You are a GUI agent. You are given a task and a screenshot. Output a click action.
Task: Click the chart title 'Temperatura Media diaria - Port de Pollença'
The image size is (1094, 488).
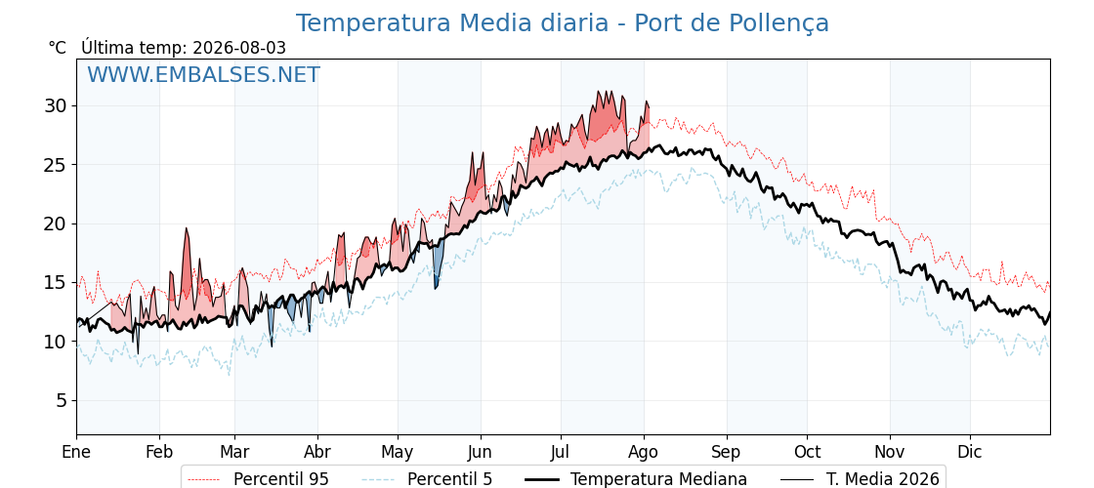[563, 23]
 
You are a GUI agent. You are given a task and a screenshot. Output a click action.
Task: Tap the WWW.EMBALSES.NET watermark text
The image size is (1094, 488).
[203, 74]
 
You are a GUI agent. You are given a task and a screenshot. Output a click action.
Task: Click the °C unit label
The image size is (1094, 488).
[58, 48]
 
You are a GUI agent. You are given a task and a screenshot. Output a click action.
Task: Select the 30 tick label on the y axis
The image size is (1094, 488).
[54, 106]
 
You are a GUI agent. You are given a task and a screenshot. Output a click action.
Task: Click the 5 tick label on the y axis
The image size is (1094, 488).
[61, 401]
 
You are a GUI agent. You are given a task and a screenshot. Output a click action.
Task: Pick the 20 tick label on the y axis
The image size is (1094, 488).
[54, 224]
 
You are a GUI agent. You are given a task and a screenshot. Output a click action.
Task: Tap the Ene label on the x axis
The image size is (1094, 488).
[76, 452]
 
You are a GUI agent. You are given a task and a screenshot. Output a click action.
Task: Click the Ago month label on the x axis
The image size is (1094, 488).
[644, 452]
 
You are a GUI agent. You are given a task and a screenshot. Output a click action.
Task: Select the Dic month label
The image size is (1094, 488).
[970, 452]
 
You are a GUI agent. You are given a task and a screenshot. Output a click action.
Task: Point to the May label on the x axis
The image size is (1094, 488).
[398, 452]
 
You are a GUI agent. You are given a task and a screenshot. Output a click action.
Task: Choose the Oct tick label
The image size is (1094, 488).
[807, 452]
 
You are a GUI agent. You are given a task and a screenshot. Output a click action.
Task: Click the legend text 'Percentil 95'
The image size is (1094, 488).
[280, 479]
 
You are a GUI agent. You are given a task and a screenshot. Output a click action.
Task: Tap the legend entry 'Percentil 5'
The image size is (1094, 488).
[449, 479]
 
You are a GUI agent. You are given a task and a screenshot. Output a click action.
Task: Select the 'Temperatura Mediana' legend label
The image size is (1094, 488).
[658, 479]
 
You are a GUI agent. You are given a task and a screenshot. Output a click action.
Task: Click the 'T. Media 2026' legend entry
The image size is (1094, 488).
[883, 479]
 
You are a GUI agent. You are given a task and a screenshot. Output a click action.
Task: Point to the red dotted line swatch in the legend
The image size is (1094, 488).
[204, 479]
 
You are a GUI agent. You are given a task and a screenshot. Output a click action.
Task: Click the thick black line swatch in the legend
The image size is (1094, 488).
[541, 479]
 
